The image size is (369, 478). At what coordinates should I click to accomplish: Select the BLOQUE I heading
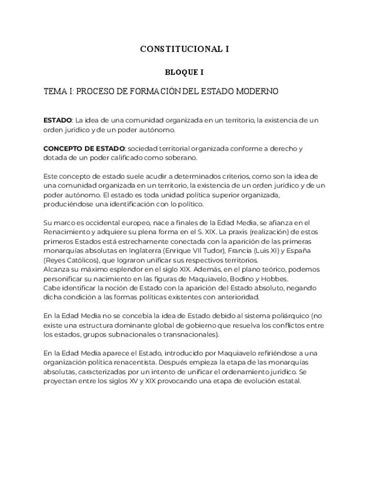pyautogui.click(x=184, y=72)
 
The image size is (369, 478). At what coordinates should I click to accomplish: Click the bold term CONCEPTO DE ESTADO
pyautogui.click(x=84, y=149)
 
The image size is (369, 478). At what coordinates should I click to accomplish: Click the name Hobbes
pyautogui.click(x=274, y=278)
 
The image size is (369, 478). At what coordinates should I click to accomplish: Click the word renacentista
pyautogui.click(x=158, y=362)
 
